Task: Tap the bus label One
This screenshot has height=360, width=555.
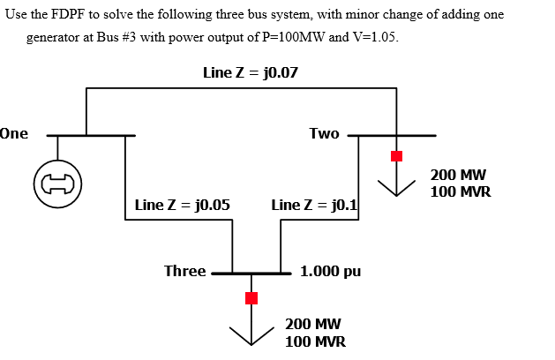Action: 14,134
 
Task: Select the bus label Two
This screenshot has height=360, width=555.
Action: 324,133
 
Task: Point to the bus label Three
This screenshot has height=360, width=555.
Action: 184,271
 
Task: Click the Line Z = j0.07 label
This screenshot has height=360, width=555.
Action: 250,72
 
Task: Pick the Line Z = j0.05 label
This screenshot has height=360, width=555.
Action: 183,205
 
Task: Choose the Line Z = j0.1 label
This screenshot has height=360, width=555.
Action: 313,205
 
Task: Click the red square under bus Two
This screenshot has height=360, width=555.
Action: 396,156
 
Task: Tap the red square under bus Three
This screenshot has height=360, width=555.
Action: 251,298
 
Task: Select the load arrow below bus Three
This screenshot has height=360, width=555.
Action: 251,332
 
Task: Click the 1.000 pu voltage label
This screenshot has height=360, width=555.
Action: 330,272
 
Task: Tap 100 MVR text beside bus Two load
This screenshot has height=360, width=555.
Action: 461,191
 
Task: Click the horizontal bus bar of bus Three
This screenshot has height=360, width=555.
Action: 251,274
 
